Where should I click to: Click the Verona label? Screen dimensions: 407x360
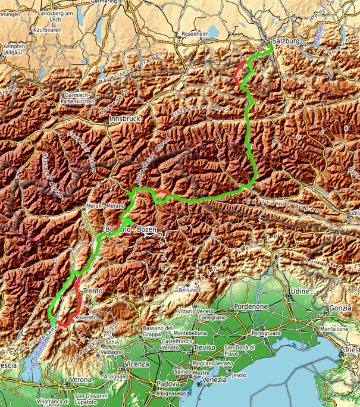(81, 379)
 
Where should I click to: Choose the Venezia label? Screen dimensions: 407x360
(214, 379)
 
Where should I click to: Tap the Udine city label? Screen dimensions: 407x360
(296, 292)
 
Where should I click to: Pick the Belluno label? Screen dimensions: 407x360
(188, 290)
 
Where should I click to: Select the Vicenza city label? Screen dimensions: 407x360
(136, 362)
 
